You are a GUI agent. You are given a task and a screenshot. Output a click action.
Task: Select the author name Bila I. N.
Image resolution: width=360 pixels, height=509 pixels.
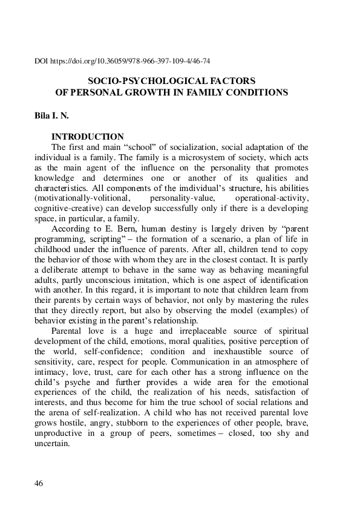(52, 115)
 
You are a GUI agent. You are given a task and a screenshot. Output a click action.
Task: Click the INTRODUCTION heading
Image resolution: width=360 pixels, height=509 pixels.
(88, 137)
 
